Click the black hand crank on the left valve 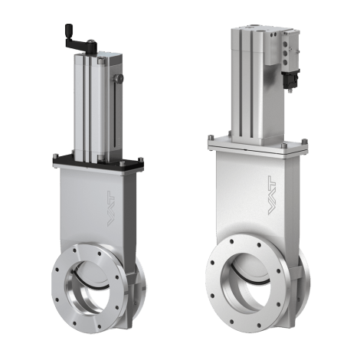point(82,43)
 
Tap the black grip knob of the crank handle point(69,28)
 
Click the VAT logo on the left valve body point(111,208)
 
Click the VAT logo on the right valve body point(272,195)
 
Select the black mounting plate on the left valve point(98,163)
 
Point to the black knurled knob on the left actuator point(119,78)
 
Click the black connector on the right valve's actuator point(290,79)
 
